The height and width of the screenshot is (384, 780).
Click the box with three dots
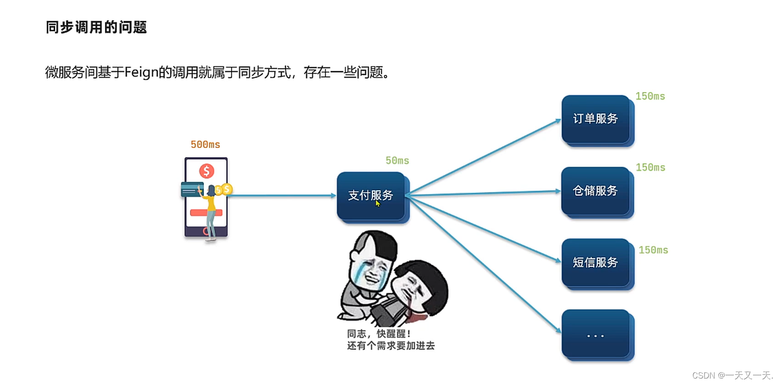coord(595,335)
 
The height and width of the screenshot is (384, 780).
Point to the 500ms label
coord(205,145)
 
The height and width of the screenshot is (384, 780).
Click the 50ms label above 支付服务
coord(397,161)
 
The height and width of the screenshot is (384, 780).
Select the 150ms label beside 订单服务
coord(650,96)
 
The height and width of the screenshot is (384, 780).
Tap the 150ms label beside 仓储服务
coord(650,168)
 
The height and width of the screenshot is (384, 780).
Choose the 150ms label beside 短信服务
coord(653,250)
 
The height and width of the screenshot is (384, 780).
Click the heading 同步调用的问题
coord(96,27)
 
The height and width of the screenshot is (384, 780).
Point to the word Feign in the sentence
coord(141,73)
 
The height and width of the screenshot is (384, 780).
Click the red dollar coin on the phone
coord(207,171)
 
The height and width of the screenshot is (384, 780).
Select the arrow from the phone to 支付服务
coord(283,195)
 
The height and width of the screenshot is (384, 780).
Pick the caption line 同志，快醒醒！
coord(379,334)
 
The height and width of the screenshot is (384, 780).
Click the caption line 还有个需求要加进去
coord(391,346)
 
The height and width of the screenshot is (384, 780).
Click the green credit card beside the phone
coord(191,189)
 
